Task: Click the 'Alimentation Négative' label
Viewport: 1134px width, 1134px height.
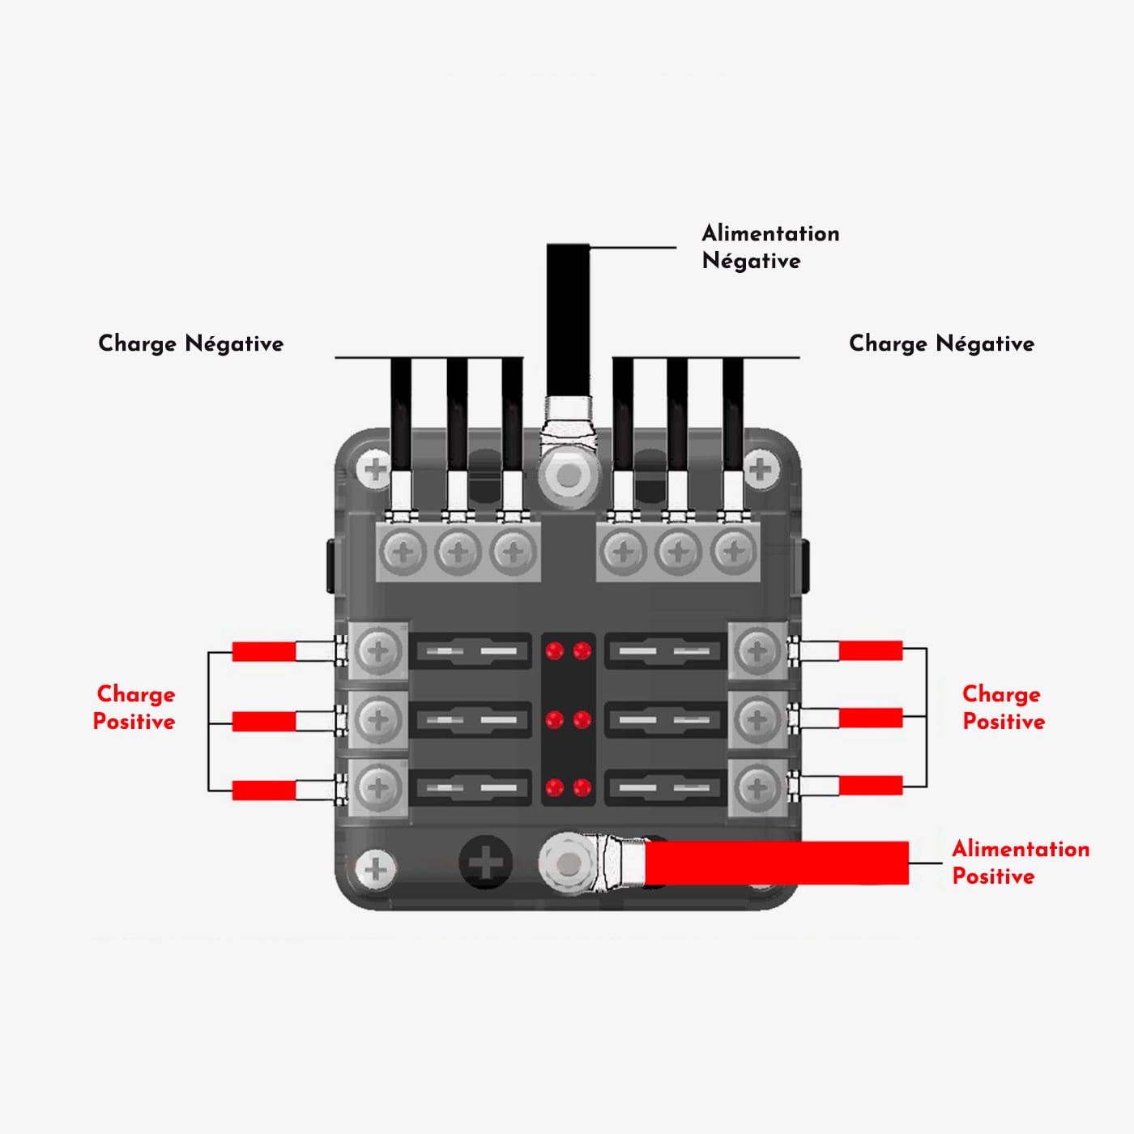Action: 769,246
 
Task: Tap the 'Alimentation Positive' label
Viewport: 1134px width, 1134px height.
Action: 1020,862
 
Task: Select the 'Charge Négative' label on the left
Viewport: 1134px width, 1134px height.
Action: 190,343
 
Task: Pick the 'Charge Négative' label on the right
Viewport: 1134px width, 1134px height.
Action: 941,343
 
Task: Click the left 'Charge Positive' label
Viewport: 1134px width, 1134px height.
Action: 134,707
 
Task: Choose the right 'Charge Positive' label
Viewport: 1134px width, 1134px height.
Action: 1003,707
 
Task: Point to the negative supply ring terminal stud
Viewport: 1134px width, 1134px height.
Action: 568,475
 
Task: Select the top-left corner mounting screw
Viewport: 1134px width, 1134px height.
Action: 375,469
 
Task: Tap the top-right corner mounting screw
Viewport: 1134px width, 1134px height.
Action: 761,469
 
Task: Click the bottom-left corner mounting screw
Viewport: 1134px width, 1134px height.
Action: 375,869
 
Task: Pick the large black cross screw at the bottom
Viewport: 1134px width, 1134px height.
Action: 486,862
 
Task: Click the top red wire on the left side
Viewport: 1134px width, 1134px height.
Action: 264,651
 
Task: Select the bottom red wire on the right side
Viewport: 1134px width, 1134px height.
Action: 871,785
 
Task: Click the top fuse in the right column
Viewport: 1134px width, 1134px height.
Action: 663,651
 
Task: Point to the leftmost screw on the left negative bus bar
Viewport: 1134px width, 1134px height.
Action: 403,553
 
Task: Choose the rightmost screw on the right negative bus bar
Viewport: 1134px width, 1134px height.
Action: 733,553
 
